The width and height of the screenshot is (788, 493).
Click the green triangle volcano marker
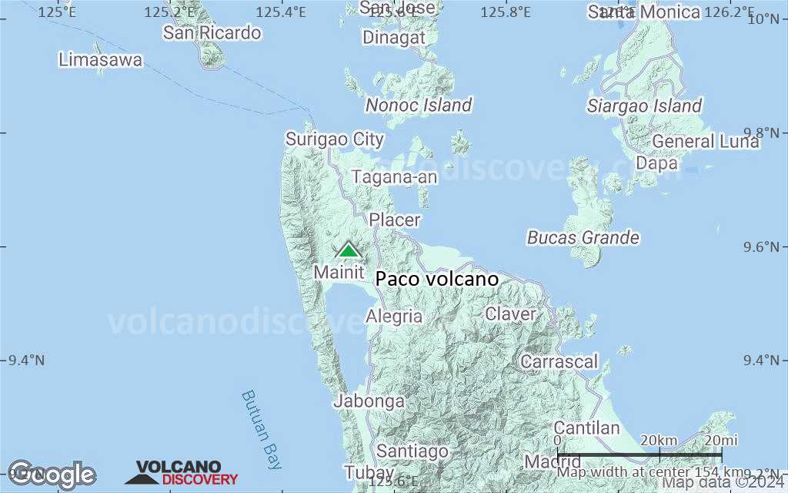coord(349,250)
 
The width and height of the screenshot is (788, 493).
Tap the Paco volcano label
coord(437,279)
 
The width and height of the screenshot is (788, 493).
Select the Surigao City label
coord(335,139)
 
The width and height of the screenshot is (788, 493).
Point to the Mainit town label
coord(339,272)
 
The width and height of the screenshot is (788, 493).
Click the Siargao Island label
coord(645,106)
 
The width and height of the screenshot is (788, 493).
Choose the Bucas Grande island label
coord(583,237)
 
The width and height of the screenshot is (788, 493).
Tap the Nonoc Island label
coord(419,105)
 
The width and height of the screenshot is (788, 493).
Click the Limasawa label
coord(100,59)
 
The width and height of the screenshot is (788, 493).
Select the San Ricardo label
coord(212,32)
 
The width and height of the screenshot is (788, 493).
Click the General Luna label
coord(706,142)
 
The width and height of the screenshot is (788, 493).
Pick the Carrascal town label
coord(559,361)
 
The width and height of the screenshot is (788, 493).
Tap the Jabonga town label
coord(369,401)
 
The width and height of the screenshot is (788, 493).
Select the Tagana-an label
coord(395,177)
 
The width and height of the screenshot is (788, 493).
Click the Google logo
coord(52,475)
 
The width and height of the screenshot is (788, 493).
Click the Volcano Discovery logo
coord(182,473)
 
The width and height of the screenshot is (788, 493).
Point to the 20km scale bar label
coord(658,440)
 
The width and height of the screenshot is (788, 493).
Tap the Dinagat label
coord(393,38)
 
